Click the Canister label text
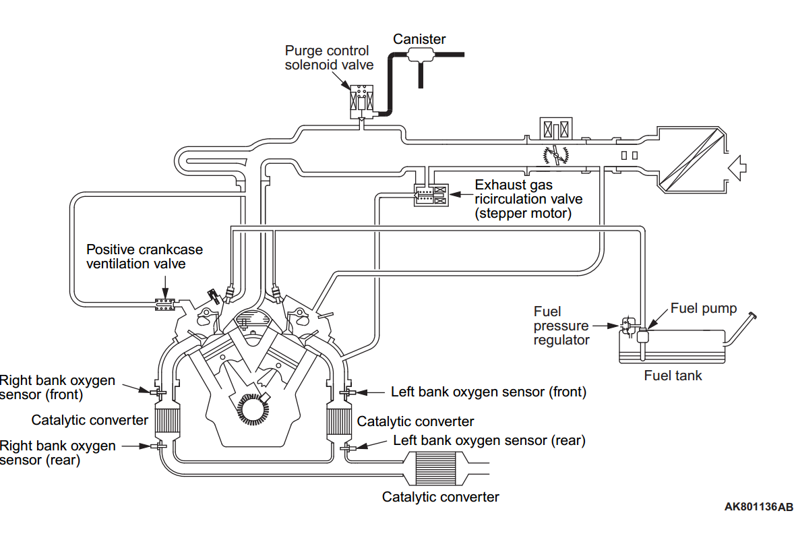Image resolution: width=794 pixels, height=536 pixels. (x=419, y=39)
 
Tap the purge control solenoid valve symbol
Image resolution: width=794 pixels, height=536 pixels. (x=361, y=101)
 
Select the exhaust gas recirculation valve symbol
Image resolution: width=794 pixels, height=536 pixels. (x=431, y=195)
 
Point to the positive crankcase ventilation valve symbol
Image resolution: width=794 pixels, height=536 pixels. (x=164, y=305)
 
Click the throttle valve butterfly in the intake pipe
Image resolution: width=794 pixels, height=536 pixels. (x=556, y=154)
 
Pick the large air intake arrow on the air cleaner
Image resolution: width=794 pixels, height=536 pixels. (x=737, y=167)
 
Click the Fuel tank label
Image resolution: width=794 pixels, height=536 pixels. (x=673, y=376)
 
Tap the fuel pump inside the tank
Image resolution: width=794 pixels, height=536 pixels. (x=642, y=336)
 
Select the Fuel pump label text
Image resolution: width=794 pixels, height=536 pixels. (x=704, y=308)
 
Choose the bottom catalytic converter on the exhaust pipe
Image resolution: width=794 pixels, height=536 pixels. (x=436, y=469)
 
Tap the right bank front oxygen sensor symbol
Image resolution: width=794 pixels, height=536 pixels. (x=158, y=392)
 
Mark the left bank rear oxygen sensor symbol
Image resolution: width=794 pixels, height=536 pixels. (x=348, y=448)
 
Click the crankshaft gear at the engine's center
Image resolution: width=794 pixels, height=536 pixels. (x=253, y=409)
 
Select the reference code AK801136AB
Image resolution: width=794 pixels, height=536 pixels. (x=758, y=506)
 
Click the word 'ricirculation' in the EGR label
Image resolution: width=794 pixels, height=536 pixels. (x=528, y=199)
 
